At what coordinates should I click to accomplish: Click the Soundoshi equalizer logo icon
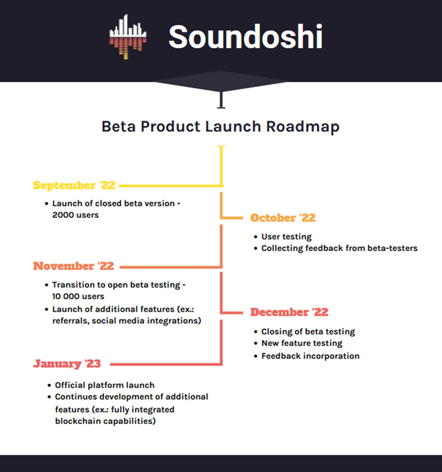tap(128, 37)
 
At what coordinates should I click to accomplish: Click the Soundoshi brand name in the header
tap(245, 37)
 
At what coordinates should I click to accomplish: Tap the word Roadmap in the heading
tap(302, 127)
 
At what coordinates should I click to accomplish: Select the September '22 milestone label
tap(74, 186)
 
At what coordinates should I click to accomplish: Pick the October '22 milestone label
tap(283, 217)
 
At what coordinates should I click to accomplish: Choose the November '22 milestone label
tap(73, 266)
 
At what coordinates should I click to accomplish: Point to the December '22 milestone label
tap(289, 312)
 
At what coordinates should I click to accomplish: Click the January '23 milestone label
tap(67, 364)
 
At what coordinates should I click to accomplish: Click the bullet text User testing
tap(287, 237)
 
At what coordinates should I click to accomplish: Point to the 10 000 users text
tap(78, 296)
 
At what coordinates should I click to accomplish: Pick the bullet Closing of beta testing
tap(308, 332)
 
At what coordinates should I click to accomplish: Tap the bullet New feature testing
tap(302, 343)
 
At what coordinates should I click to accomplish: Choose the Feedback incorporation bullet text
tap(310, 356)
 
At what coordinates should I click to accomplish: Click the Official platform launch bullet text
tap(104, 385)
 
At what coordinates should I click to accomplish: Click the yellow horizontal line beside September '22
tap(171, 186)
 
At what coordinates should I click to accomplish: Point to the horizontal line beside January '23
tap(166, 364)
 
